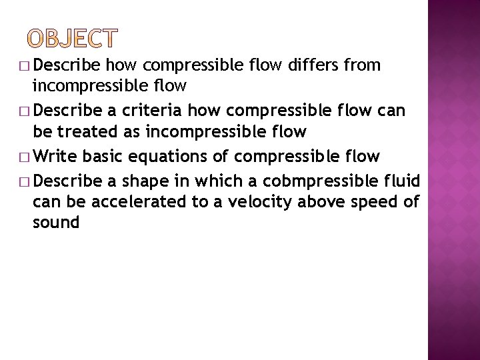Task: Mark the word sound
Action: coord(56,222)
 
